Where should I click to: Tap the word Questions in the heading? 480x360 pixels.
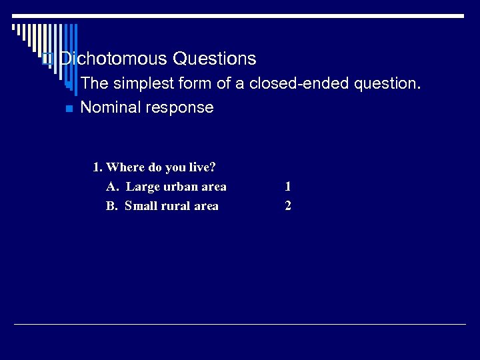coord(214,59)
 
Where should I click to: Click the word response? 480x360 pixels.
coord(181,108)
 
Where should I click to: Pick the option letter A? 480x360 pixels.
coord(111,187)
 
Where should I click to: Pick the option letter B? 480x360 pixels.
coord(111,206)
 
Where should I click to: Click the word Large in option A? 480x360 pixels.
coord(143,187)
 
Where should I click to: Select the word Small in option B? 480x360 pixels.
coord(141,206)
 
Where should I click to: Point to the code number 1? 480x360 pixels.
coord(287,187)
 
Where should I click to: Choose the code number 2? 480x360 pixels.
coord(287,206)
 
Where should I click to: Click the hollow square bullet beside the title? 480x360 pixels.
coord(46,59)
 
